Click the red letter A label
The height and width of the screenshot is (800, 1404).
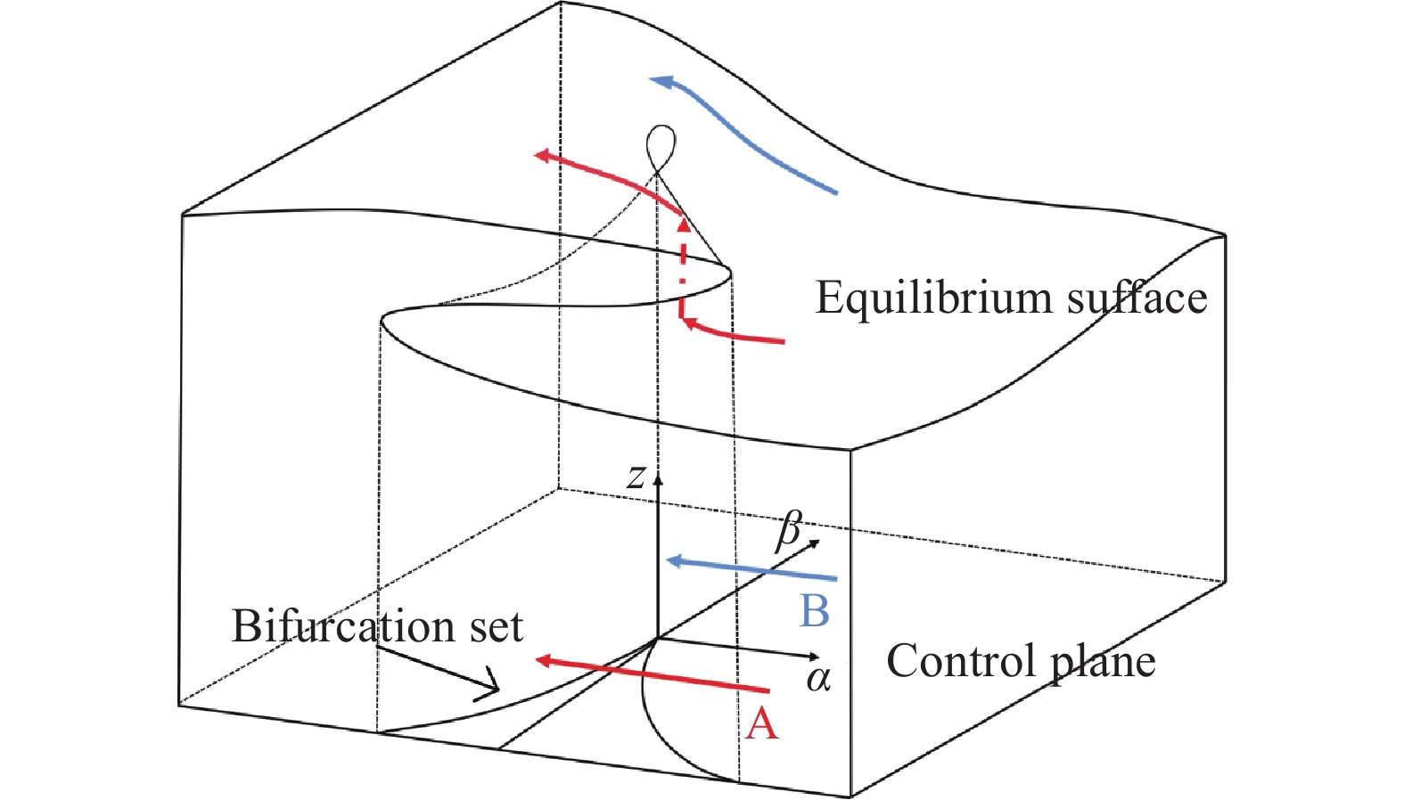pos(761,723)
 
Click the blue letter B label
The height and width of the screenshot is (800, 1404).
pos(815,612)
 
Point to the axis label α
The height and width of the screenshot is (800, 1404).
pos(818,680)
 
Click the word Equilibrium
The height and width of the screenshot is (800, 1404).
pos(934,298)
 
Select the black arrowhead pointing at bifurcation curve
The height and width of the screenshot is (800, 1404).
pos(490,687)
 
